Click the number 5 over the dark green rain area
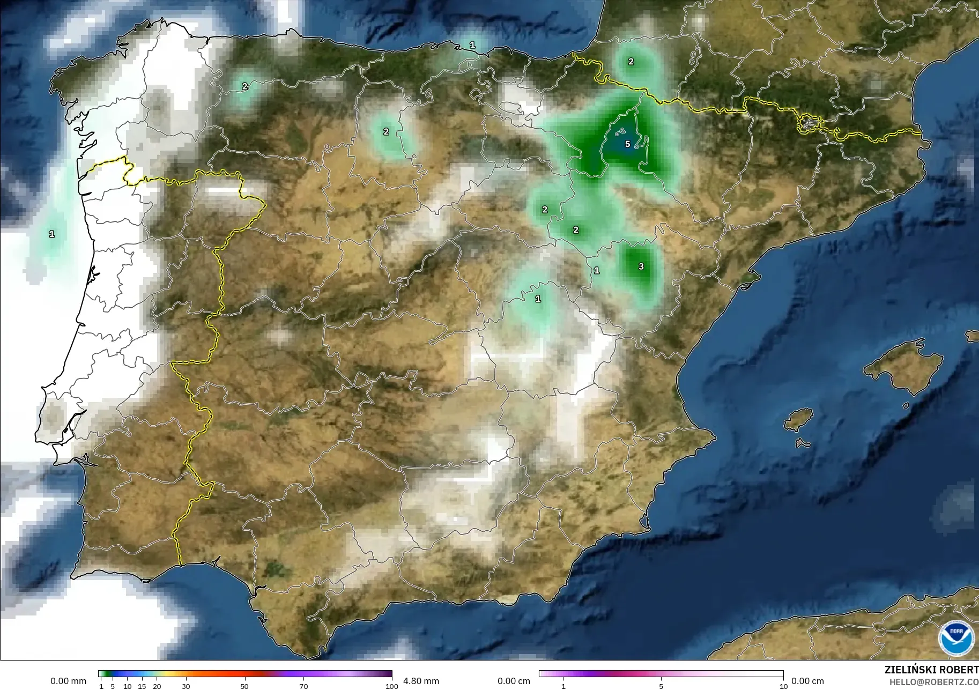(627, 144)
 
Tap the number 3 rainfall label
(641, 266)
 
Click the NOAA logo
(956, 638)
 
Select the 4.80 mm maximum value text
(421, 681)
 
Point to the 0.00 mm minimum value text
(68, 681)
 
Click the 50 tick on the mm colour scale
(244, 686)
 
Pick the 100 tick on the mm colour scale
(392, 686)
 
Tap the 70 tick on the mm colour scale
(303, 686)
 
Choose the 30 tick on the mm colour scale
(186, 686)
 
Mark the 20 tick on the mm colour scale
(157, 686)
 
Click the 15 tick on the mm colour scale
(142, 686)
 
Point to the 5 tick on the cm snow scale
(661, 686)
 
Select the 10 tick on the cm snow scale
(783, 686)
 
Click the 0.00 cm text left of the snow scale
(514, 681)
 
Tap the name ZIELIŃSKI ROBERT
(931, 670)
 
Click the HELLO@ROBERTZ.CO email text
(934, 682)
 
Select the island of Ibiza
(799, 419)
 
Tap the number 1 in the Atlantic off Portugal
(51, 234)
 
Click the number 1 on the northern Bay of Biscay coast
(472, 45)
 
